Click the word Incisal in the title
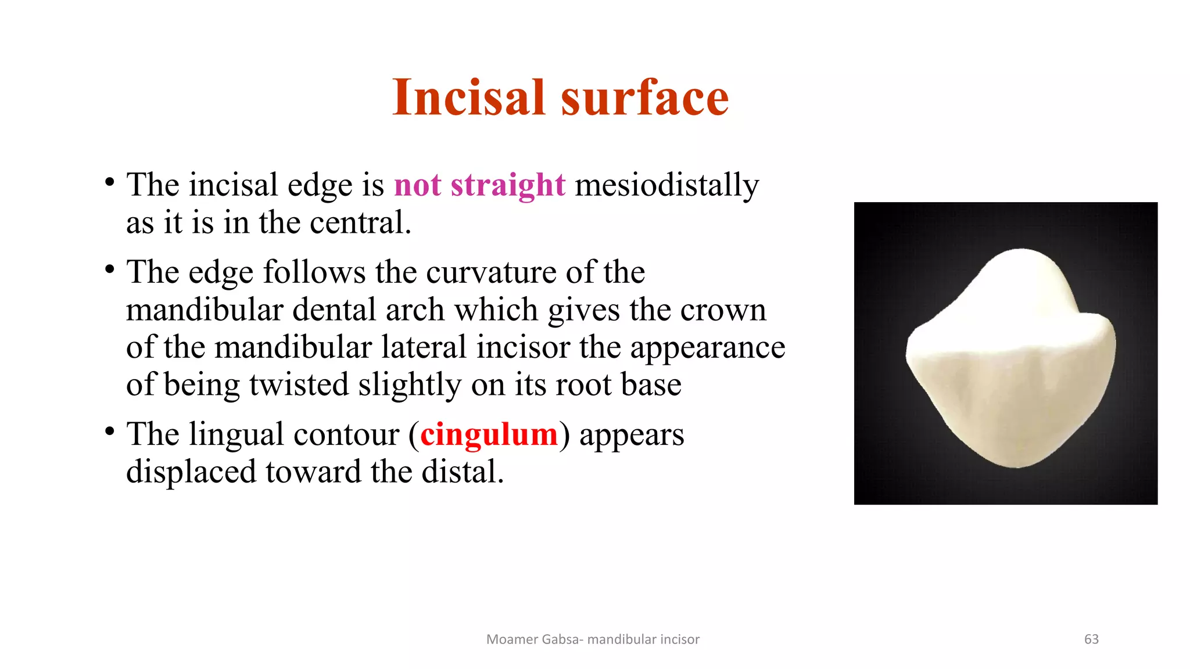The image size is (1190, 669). (x=468, y=98)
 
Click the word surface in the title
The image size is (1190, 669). (x=644, y=98)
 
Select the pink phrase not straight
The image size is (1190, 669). (x=479, y=185)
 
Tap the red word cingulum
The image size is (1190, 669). (x=489, y=434)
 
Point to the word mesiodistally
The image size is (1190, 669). (x=666, y=185)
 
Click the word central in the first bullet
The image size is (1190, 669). (x=360, y=223)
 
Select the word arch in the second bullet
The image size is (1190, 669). (x=415, y=310)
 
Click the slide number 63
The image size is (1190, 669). (x=1091, y=639)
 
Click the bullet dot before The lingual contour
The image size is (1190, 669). (x=109, y=431)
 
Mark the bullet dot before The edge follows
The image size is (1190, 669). (x=109, y=269)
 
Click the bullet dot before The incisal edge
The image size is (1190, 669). (x=109, y=182)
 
